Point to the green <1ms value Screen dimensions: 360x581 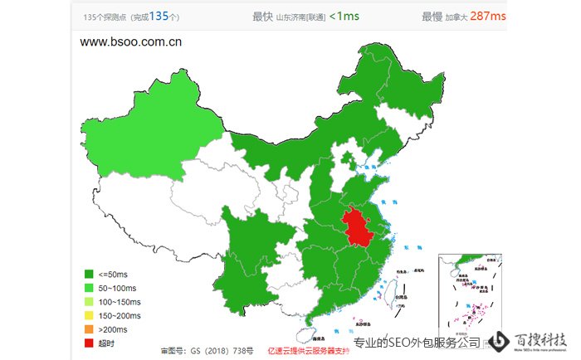pos(344,15)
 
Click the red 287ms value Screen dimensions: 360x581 pos(487,15)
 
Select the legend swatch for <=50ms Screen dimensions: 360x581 pos(89,274)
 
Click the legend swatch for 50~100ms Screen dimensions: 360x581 pos(89,288)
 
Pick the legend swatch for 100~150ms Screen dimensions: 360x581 pos(89,301)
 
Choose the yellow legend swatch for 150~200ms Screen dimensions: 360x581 pos(89,315)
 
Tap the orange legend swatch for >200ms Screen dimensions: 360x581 pos(89,328)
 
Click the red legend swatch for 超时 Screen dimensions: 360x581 pos(89,343)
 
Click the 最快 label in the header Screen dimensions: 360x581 pos(262,15)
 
